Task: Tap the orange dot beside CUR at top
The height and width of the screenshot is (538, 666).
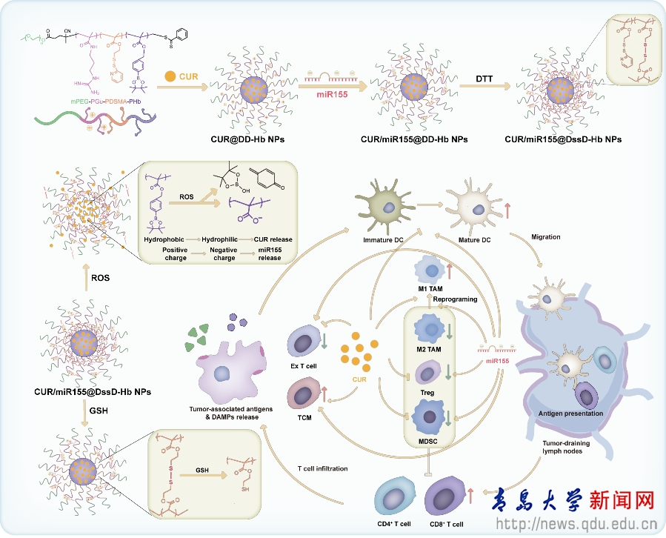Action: point(171,76)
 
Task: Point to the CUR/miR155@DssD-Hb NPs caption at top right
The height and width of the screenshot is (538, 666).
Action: point(562,139)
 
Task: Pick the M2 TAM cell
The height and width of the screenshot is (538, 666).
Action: point(430,327)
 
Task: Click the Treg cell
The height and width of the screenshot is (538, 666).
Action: point(428,373)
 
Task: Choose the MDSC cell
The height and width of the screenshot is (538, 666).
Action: point(429,417)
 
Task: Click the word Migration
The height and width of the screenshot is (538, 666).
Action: point(546,237)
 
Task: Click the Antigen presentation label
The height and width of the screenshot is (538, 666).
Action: point(572,413)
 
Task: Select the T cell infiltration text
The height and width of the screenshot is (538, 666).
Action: point(322,468)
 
